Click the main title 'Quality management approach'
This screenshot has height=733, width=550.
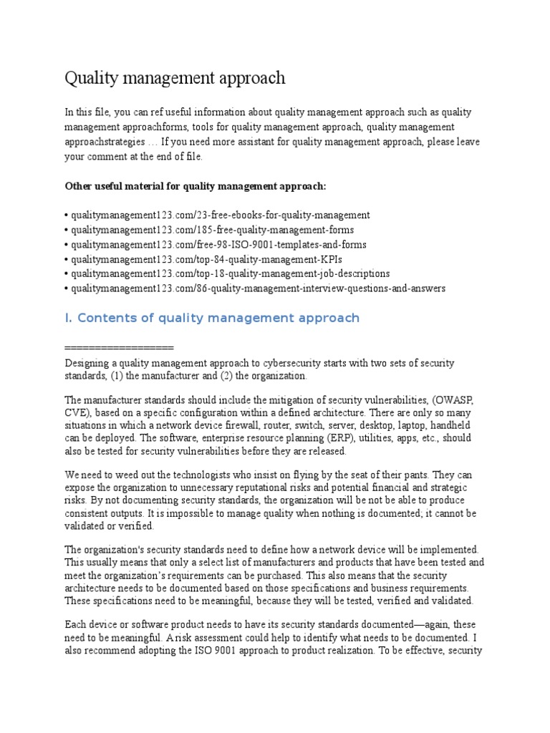(175, 77)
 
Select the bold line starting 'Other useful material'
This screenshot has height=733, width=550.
(196, 186)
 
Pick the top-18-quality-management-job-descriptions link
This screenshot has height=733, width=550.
(229, 273)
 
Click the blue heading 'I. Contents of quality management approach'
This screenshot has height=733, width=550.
(212, 318)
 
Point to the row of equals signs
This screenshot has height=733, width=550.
(119, 348)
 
